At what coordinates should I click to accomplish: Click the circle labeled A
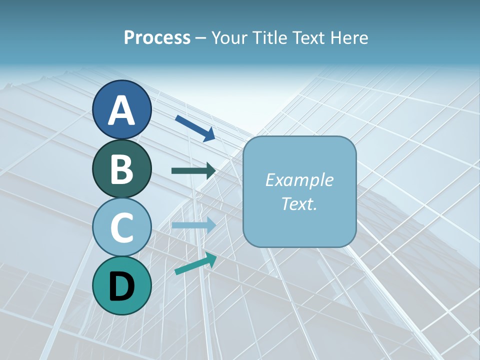pyautogui.click(x=122, y=109)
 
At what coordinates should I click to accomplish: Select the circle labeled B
pyautogui.click(x=122, y=168)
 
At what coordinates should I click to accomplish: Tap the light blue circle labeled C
pyautogui.click(x=122, y=227)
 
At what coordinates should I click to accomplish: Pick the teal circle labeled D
pyautogui.click(x=122, y=285)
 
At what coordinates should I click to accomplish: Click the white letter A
pyautogui.click(x=122, y=110)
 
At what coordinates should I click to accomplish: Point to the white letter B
pyautogui.click(x=122, y=169)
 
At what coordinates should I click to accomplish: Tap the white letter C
pyautogui.click(x=122, y=227)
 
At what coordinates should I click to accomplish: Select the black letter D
pyautogui.click(x=122, y=286)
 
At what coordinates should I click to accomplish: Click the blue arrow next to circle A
pyautogui.click(x=195, y=128)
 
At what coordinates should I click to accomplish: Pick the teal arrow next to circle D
pyautogui.click(x=195, y=263)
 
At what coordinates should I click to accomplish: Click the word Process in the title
pyautogui.click(x=157, y=37)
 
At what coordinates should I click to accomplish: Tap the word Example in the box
pyautogui.click(x=299, y=180)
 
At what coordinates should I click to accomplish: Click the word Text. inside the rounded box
pyautogui.click(x=299, y=203)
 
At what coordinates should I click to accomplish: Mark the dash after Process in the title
pyautogui.click(x=201, y=38)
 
